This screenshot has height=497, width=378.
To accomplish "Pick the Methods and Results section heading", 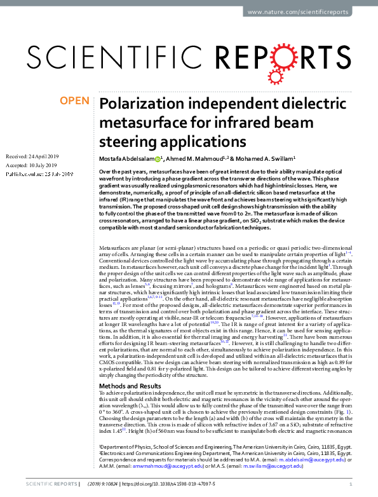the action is tap(130, 368).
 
